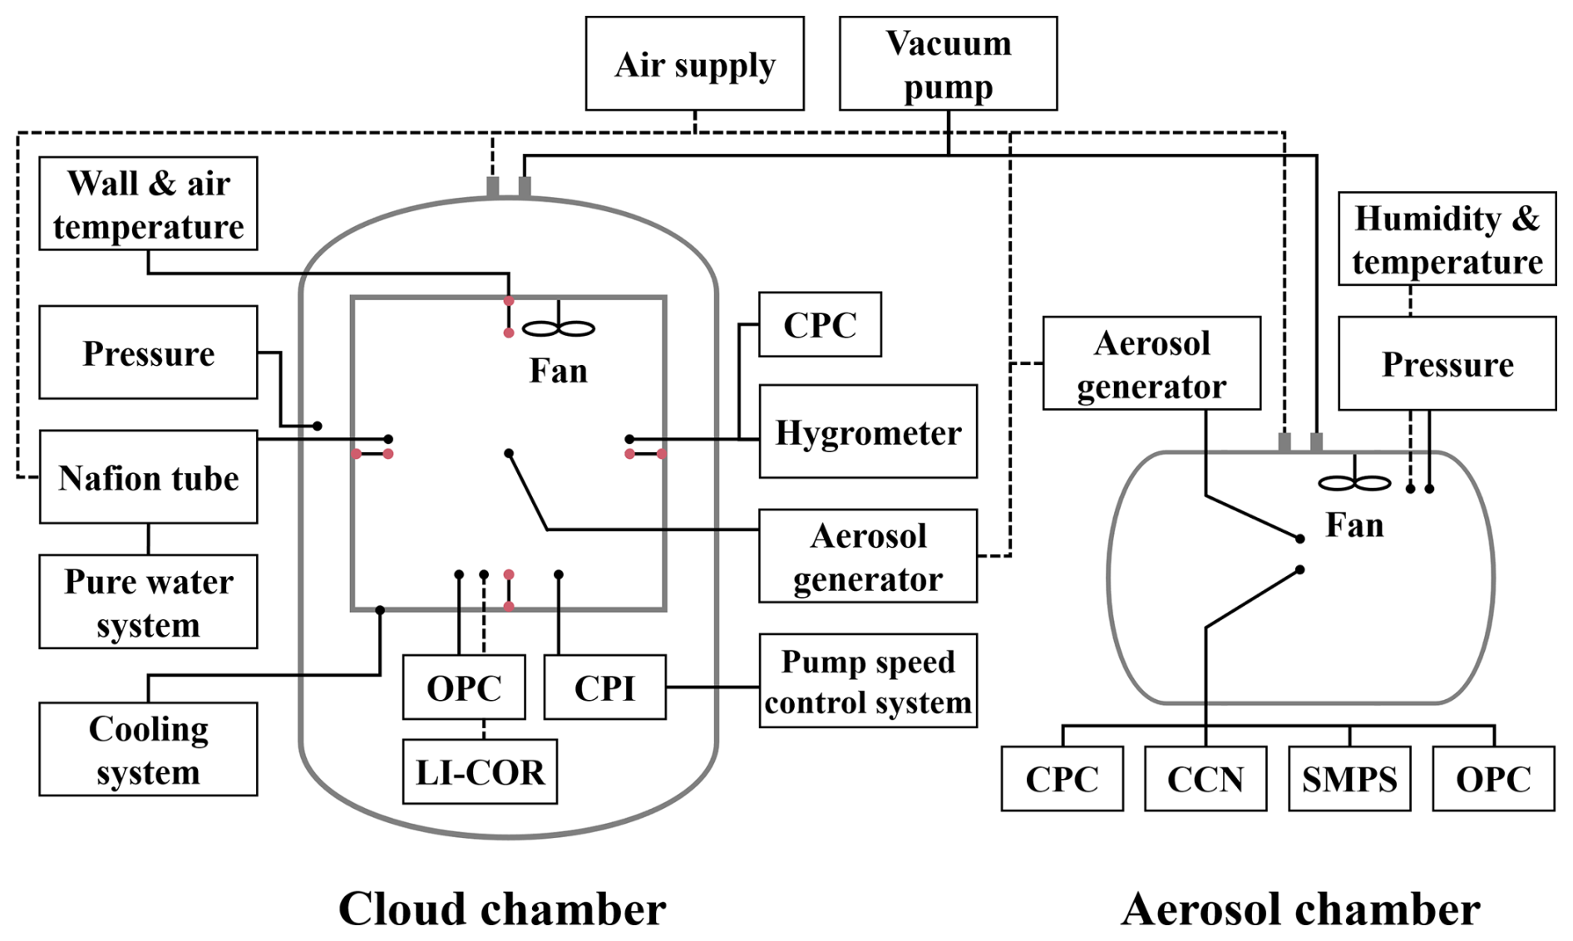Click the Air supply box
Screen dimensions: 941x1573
click(694, 64)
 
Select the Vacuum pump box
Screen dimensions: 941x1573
click(948, 64)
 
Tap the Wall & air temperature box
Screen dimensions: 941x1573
click(148, 204)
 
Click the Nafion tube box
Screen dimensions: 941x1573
click(148, 477)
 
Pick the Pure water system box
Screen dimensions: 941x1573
click(148, 602)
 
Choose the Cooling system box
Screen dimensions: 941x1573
click(148, 750)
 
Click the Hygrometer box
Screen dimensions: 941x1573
click(868, 432)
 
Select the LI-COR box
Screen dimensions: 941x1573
click(480, 772)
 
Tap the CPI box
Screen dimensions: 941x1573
click(604, 687)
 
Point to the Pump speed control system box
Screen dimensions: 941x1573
click(868, 682)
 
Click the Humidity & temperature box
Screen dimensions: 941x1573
click(1447, 239)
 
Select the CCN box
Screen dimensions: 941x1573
click(1206, 779)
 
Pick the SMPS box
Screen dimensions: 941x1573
click(1349, 779)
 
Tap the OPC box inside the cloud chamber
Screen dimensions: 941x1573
click(464, 687)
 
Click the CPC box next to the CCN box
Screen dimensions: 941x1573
click(1062, 779)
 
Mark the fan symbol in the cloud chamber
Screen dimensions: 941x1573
click(558, 329)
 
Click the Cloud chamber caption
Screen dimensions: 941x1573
click(502, 909)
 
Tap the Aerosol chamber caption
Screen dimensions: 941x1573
click(1300, 909)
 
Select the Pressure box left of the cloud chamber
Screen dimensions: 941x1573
click(148, 352)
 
